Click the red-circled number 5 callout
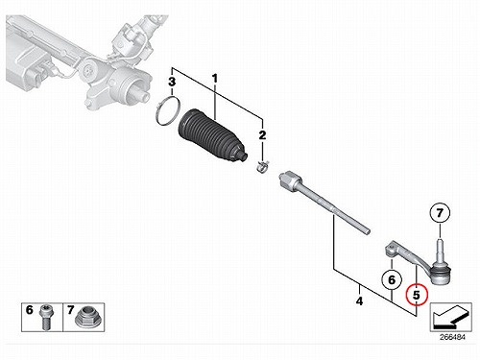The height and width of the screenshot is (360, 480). pyautogui.click(x=416, y=295)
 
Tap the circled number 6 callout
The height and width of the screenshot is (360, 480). pyautogui.click(x=392, y=280)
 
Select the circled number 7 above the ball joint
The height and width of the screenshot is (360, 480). pyautogui.click(x=440, y=213)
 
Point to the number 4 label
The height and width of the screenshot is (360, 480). pyautogui.click(x=359, y=301)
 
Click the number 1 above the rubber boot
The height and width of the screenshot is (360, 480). pyautogui.click(x=215, y=79)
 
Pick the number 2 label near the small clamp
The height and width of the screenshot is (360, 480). pyautogui.click(x=262, y=135)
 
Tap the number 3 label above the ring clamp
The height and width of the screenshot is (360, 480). pyautogui.click(x=172, y=82)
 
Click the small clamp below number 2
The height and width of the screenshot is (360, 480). pyautogui.click(x=263, y=168)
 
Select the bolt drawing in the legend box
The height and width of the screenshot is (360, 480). pyautogui.click(x=46, y=318)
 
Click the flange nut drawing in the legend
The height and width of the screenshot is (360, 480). pyautogui.click(x=87, y=318)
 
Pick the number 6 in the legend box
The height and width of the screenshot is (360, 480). pyautogui.click(x=30, y=310)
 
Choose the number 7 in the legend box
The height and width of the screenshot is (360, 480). pyautogui.click(x=70, y=310)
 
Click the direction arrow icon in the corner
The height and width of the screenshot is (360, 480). pyautogui.click(x=450, y=317)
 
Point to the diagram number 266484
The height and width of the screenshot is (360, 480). pyautogui.click(x=452, y=337)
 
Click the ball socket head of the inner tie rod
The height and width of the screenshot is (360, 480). pyautogui.click(x=290, y=180)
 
